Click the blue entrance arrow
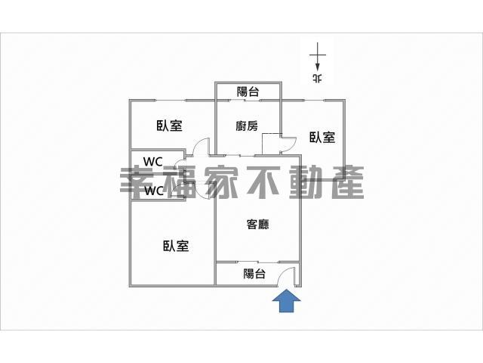click(x=286, y=301)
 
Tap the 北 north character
click(x=318, y=78)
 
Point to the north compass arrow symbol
click(x=318, y=58)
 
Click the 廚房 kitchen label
click(x=247, y=126)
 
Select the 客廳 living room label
click(x=258, y=225)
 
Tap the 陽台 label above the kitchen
click(x=248, y=92)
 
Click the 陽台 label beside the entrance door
click(x=254, y=274)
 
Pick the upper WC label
click(x=153, y=161)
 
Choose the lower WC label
click(x=154, y=191)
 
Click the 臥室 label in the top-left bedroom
click(x=169, y=126)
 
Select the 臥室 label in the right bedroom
click(x=322, y=138)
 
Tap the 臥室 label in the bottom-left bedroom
click(x=176, y=246)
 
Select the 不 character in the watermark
click(x=264, y=183)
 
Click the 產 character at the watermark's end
click(x=348, y=183)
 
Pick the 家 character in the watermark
click(x=222, y=183)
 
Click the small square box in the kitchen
click(x=271, y=144)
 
